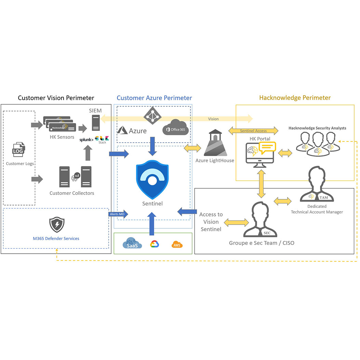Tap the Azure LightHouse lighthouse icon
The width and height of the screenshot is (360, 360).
coord(215,143)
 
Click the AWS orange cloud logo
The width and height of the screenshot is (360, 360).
coord(177,245)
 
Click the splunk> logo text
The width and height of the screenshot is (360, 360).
coord(86,140)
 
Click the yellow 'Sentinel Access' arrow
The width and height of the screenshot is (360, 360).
coord(253,131)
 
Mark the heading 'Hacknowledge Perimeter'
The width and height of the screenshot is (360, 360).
coord(295,98)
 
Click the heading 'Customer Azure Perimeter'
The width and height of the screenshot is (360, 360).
coord(154,98)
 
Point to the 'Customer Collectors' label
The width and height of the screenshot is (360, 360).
coord(71,193)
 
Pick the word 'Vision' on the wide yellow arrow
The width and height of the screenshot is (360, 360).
coord(213,119)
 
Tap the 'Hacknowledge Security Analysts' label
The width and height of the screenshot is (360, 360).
coord(317,128)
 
